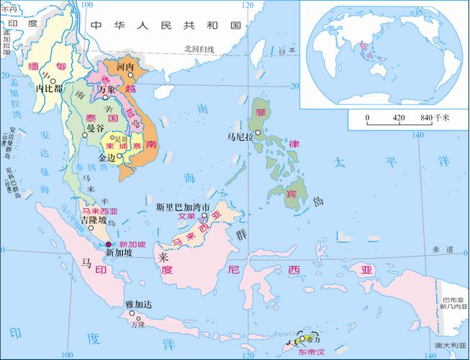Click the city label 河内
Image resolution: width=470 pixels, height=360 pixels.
126,67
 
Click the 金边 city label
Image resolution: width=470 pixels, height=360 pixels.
107,156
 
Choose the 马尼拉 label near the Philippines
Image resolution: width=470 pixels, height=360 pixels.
239,135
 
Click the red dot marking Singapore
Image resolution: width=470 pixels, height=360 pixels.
109,245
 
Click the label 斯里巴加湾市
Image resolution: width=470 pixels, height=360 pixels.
184,207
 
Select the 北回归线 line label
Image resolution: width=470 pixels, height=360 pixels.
199,49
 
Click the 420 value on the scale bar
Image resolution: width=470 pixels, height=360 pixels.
399,117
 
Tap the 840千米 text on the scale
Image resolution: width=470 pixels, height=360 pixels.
436,117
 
